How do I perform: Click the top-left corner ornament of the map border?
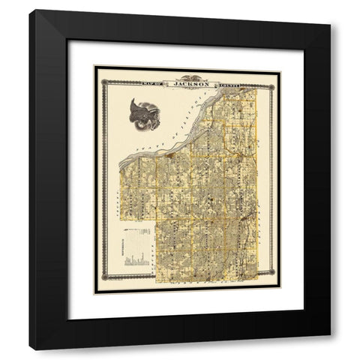click(x=97, y=70)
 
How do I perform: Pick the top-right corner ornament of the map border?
click(x=277, y=70)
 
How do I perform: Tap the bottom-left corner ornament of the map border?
click(x=97, y=289)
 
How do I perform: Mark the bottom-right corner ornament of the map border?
click(x=277, y=289)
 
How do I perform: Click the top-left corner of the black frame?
click(x=30, y=10)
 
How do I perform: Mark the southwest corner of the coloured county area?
click(x=157, y=283)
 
